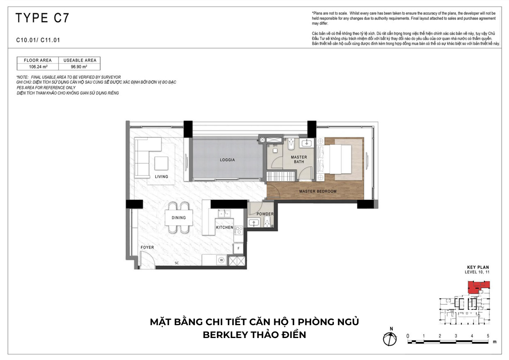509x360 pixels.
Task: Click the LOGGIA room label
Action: (227, 160)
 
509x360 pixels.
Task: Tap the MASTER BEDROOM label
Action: (318, 191)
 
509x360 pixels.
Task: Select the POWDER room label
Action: (265, 214)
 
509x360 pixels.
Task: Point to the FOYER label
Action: (147, 247)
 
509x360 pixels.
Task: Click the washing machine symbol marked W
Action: (222, 260)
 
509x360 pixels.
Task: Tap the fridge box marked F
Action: (239, 248)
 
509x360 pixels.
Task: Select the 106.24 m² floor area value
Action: (38, 67)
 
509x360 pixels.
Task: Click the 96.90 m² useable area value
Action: (79, 67)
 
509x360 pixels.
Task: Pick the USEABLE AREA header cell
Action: (80, 60)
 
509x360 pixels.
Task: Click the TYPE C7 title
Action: (42, 18)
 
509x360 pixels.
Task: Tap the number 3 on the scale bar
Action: (456, 336)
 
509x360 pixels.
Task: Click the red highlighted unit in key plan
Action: (479, 287)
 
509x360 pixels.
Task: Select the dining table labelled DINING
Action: (179, 218)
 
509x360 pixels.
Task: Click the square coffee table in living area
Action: (161, 163)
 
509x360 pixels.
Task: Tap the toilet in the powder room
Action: (267, 221)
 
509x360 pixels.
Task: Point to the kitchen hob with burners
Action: (239, 231)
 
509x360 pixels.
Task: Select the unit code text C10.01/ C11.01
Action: (38, 40)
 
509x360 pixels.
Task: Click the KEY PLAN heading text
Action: (478, 268)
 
